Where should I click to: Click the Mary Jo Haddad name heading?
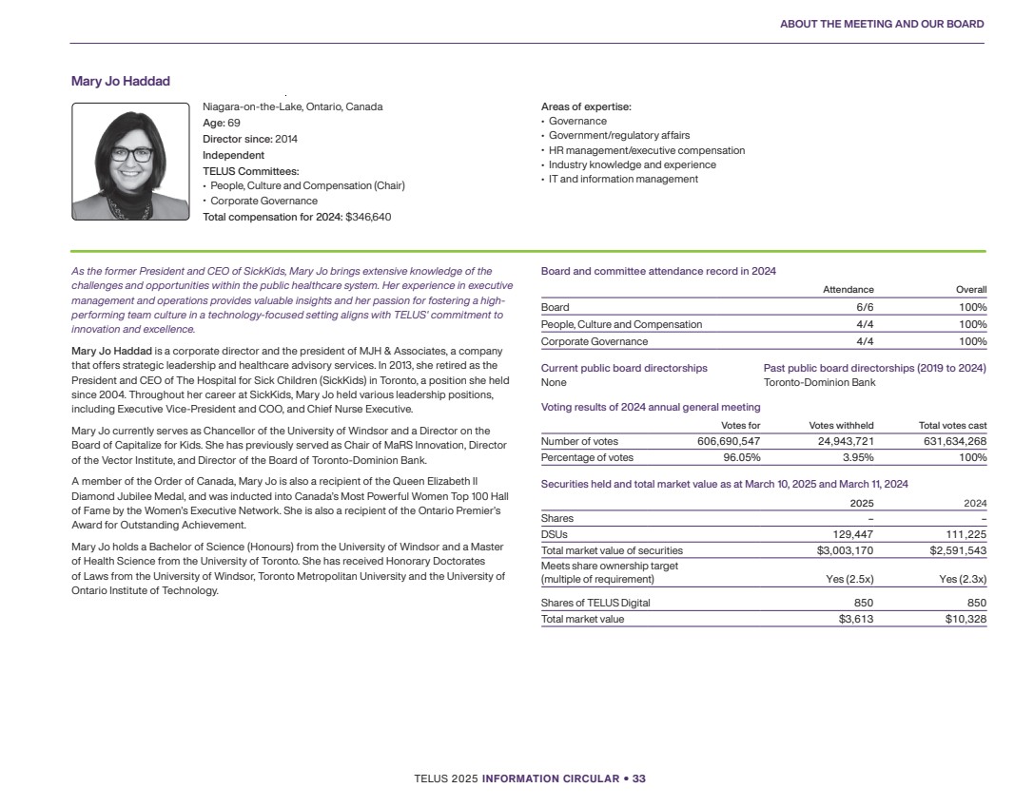pyautogui.click(x=121, y=81)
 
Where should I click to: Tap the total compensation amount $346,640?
pyautogui.click(x=368, y=217)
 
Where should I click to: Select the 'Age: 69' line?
pyautogui.click(x=222, y=123)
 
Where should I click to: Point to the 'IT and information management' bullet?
pyautogui.click(x=622, y=179)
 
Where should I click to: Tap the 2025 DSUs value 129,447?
pyautogui.click(x=853, y=534)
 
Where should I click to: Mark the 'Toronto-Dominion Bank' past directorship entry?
pyautogui.click(x=819, y=382)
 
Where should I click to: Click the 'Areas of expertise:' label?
pyautogui.click(x=586, y=107)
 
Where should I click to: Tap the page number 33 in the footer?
pyautogui.click(x=638, y=778)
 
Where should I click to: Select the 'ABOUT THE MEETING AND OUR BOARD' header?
pyautogui.click(x=882, y=24)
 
